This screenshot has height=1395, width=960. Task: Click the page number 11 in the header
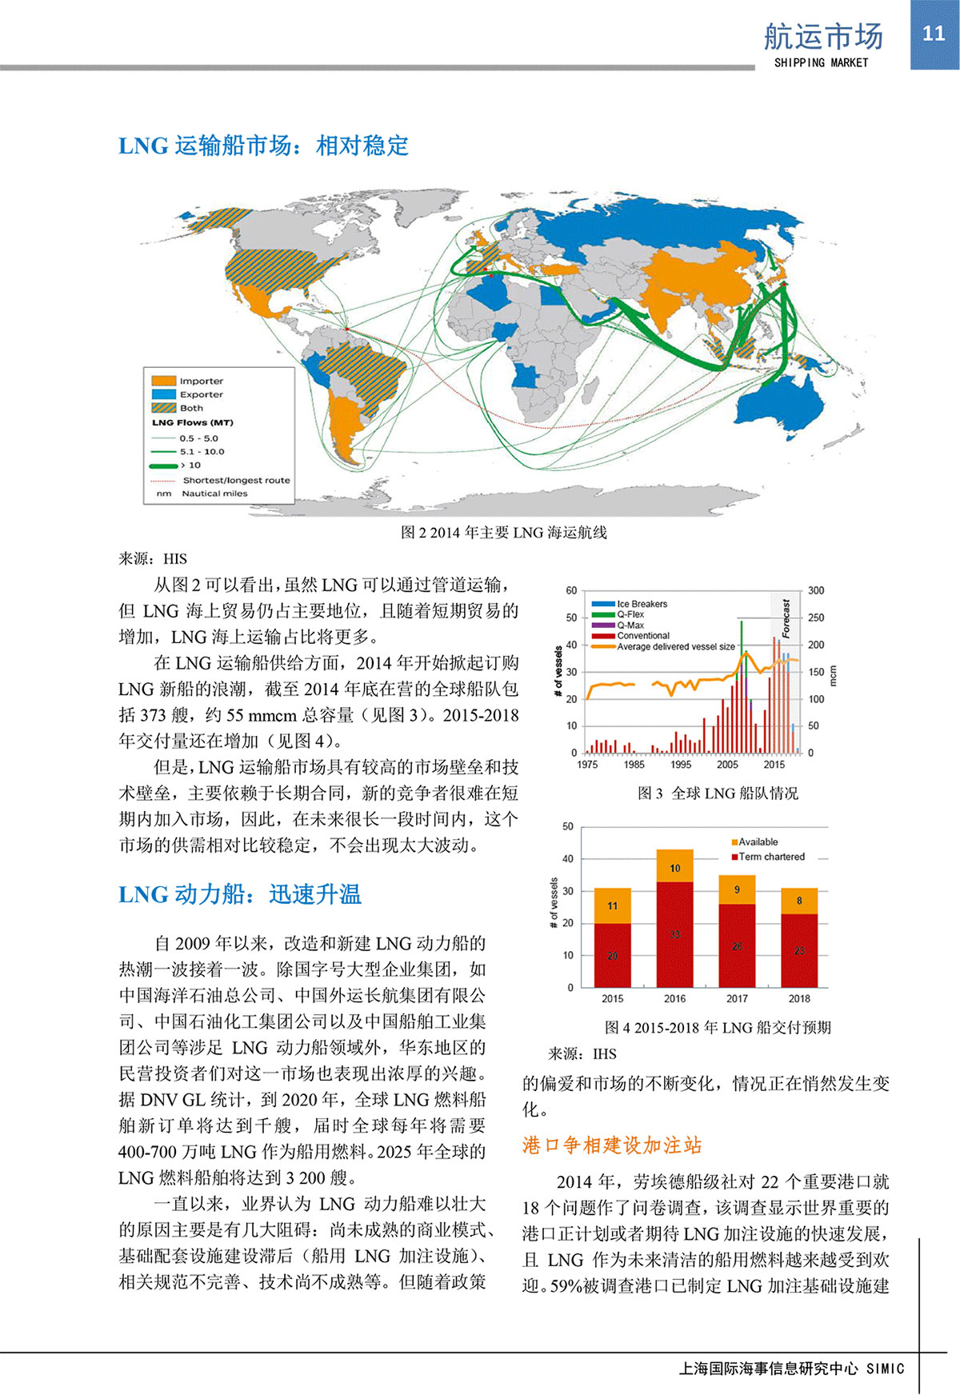tap(934, 33)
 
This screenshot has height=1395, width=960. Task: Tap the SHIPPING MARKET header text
tap(821, 62)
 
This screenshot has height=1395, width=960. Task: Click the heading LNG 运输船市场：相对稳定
tap(263, 146)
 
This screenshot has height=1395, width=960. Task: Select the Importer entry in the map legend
tap(201, 381)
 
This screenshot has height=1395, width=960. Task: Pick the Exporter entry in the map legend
tap(201, 394)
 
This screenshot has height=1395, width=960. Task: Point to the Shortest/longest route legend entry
tap(235, 480)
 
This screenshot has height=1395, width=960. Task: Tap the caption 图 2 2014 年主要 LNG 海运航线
tap(503, 533)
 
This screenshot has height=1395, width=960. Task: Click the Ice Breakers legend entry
tap(641, 604)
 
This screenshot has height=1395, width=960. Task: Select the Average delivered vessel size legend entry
tap(675, 646)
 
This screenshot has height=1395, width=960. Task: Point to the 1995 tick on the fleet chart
tap(681, 765)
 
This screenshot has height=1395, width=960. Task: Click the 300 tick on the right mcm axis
tap(815, 590)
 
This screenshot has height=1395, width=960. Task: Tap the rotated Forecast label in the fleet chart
tap(786, 618)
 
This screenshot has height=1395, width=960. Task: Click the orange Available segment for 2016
tap(674, 866)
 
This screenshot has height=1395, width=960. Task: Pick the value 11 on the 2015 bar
tap(612, 905)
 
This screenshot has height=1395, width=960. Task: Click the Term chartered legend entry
tap(771, 857)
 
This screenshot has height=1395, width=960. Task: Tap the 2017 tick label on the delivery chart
tap(737, 998)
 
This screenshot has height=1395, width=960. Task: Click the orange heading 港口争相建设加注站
tap(612, 1145)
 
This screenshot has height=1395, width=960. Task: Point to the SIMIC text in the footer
tap(885, 1369)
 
